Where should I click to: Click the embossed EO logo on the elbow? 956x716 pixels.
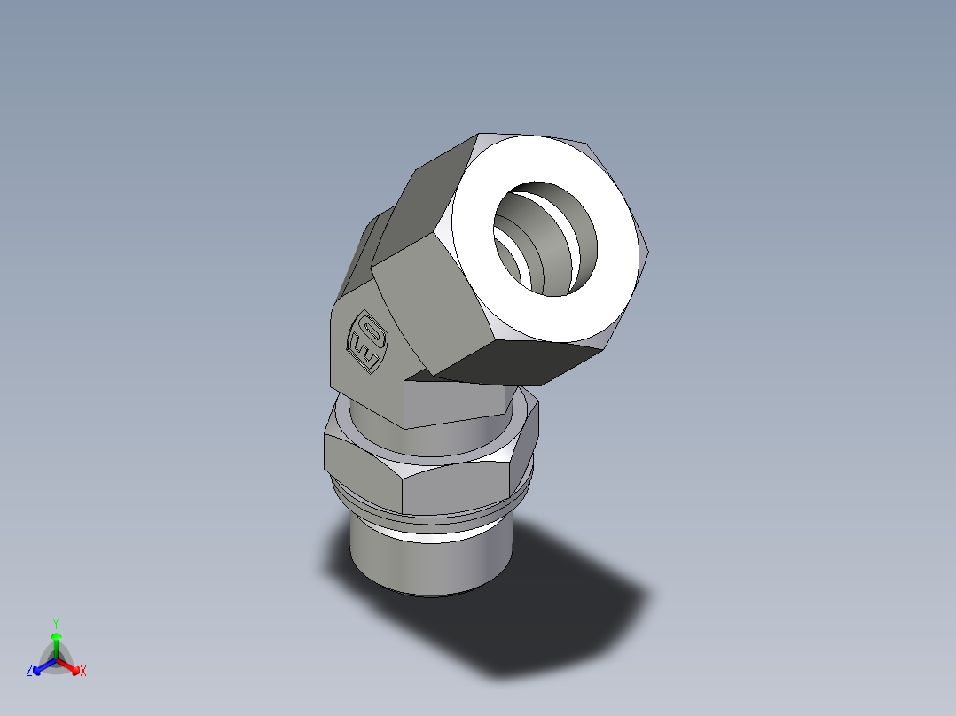pyautogui.click(x=367, y=340)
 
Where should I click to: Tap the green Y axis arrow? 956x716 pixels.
pyautogui.click(x=56, y=642)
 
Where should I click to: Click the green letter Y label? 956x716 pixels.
pyautogui.click(x=56, y=623)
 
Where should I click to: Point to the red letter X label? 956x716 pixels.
pyautogui.click(x=83, y=672)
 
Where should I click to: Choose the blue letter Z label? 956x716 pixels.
pyautogui.click(x=29, y=672)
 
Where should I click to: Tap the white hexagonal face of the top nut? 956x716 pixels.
pyautogui.click(x=612, y=292)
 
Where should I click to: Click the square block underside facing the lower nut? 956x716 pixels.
pyautogui.click(x=452, y=403)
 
